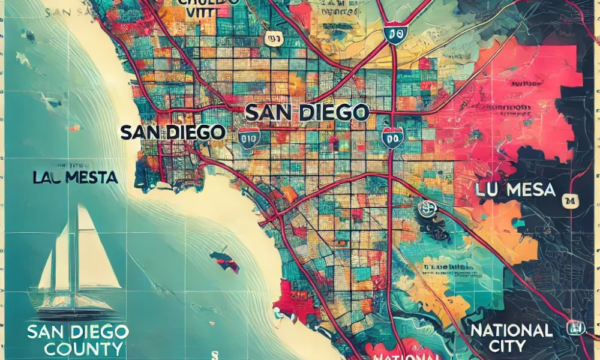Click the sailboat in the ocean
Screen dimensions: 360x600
pyautogui.click(x=75, y=264)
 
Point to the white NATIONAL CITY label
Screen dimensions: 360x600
pyautogui.click(x=511, y=337)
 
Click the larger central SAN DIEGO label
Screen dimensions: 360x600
pyautogui.click(x=307, y=112)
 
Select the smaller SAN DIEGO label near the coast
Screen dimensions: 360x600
pyautogui.click(x=173, y=132)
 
